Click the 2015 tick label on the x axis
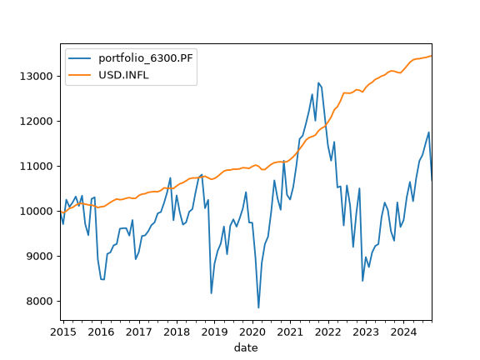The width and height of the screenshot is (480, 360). click(63, 332)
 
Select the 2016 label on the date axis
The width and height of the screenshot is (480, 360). click(101, 332)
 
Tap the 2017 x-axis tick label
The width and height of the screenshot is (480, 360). click(139, 332)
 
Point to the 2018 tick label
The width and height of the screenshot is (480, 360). click(177, 332)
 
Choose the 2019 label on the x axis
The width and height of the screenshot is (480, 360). click(215, 332)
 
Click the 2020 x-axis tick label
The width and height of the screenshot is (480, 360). click(252, 332)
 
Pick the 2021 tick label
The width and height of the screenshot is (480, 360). click(290, 332)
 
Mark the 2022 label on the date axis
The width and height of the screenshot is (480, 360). click(328, 332)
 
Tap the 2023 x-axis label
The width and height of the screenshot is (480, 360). click(366, 332)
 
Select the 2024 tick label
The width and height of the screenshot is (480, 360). click(404, 332)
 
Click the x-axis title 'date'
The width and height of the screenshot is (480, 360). click(246, 347)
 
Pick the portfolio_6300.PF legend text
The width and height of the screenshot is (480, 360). click(146, 57)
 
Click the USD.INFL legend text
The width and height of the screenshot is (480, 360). click(123, 75)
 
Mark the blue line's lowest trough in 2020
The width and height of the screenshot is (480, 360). click(258, 307)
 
